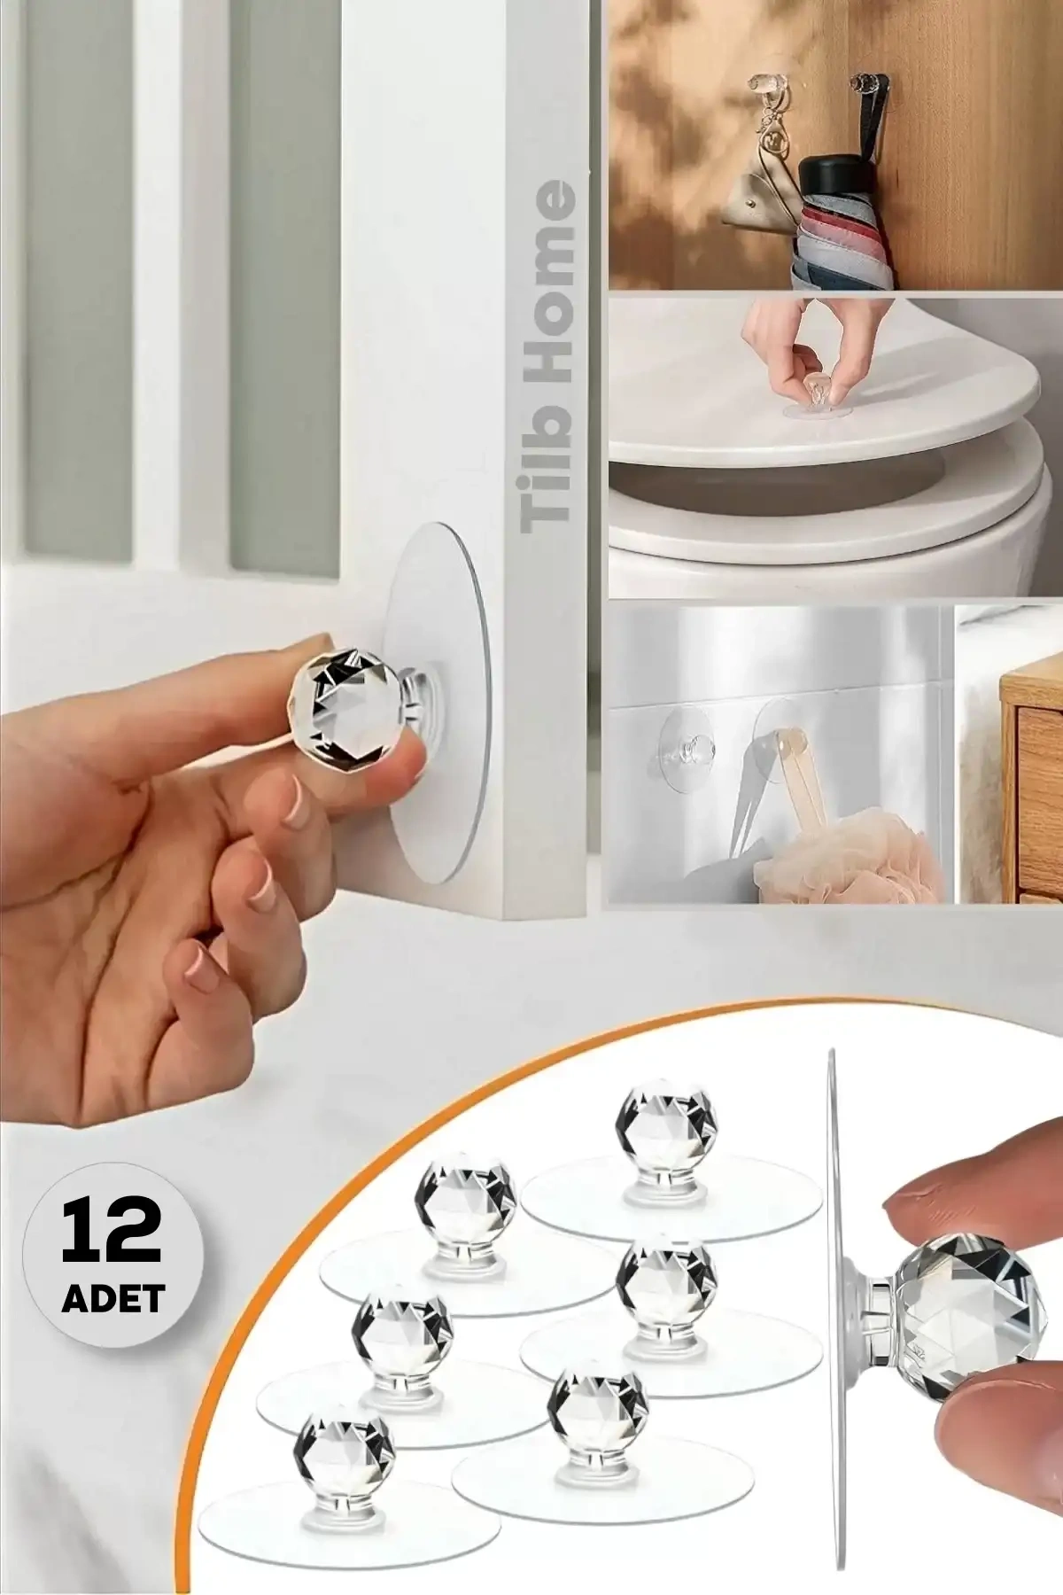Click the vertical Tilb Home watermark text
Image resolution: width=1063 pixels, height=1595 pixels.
[x=549, y=354]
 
